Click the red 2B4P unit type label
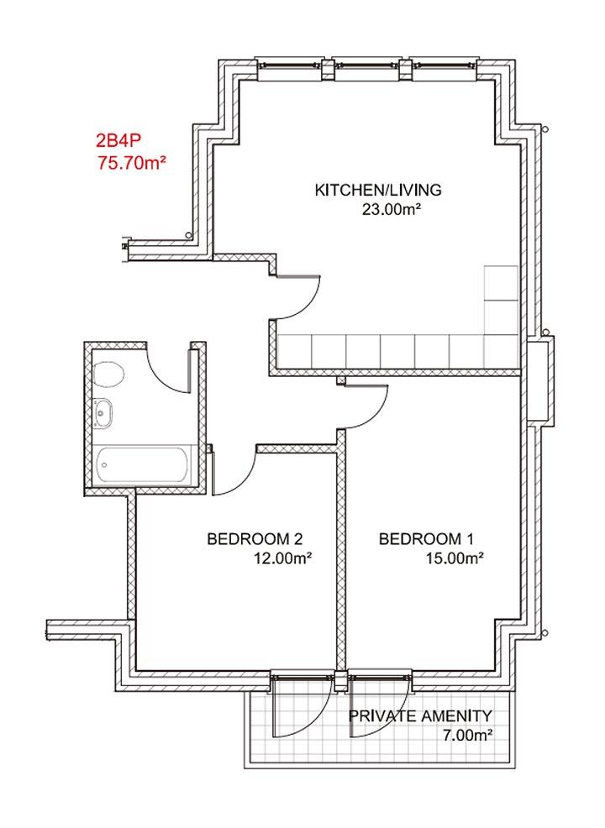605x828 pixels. point(118,140)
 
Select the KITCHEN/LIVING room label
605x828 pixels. point(378,190)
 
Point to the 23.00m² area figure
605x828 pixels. point(391,210)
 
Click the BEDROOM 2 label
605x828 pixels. point(255,538)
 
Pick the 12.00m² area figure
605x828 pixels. point(282,558)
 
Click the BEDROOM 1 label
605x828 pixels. point(426,538)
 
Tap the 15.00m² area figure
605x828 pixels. point(455,558)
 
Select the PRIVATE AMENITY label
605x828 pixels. point(420,716)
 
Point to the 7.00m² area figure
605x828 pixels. point(468,735)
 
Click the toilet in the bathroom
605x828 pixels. point(108,375)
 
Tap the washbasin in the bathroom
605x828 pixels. point(103,412)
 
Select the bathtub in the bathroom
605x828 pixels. point(143,465)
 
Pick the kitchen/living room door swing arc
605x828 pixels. point(308,307)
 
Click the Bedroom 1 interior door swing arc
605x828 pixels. point(376,416)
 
